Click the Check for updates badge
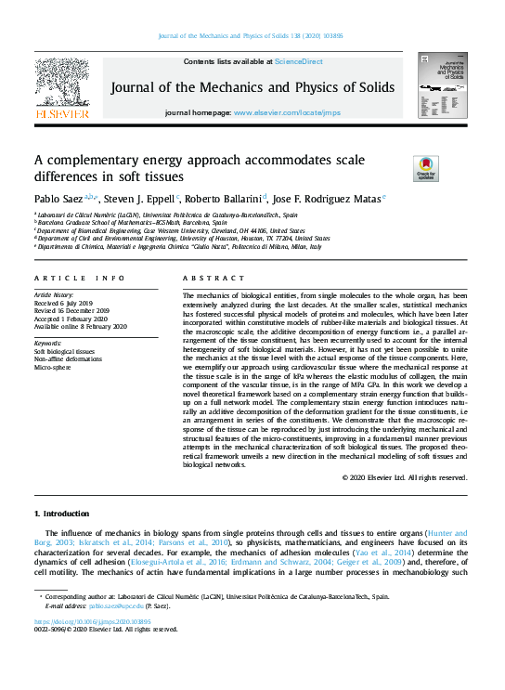[x=424, y=169]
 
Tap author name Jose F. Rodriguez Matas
[x=328, y=199]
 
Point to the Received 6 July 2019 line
[x=64, y=302]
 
